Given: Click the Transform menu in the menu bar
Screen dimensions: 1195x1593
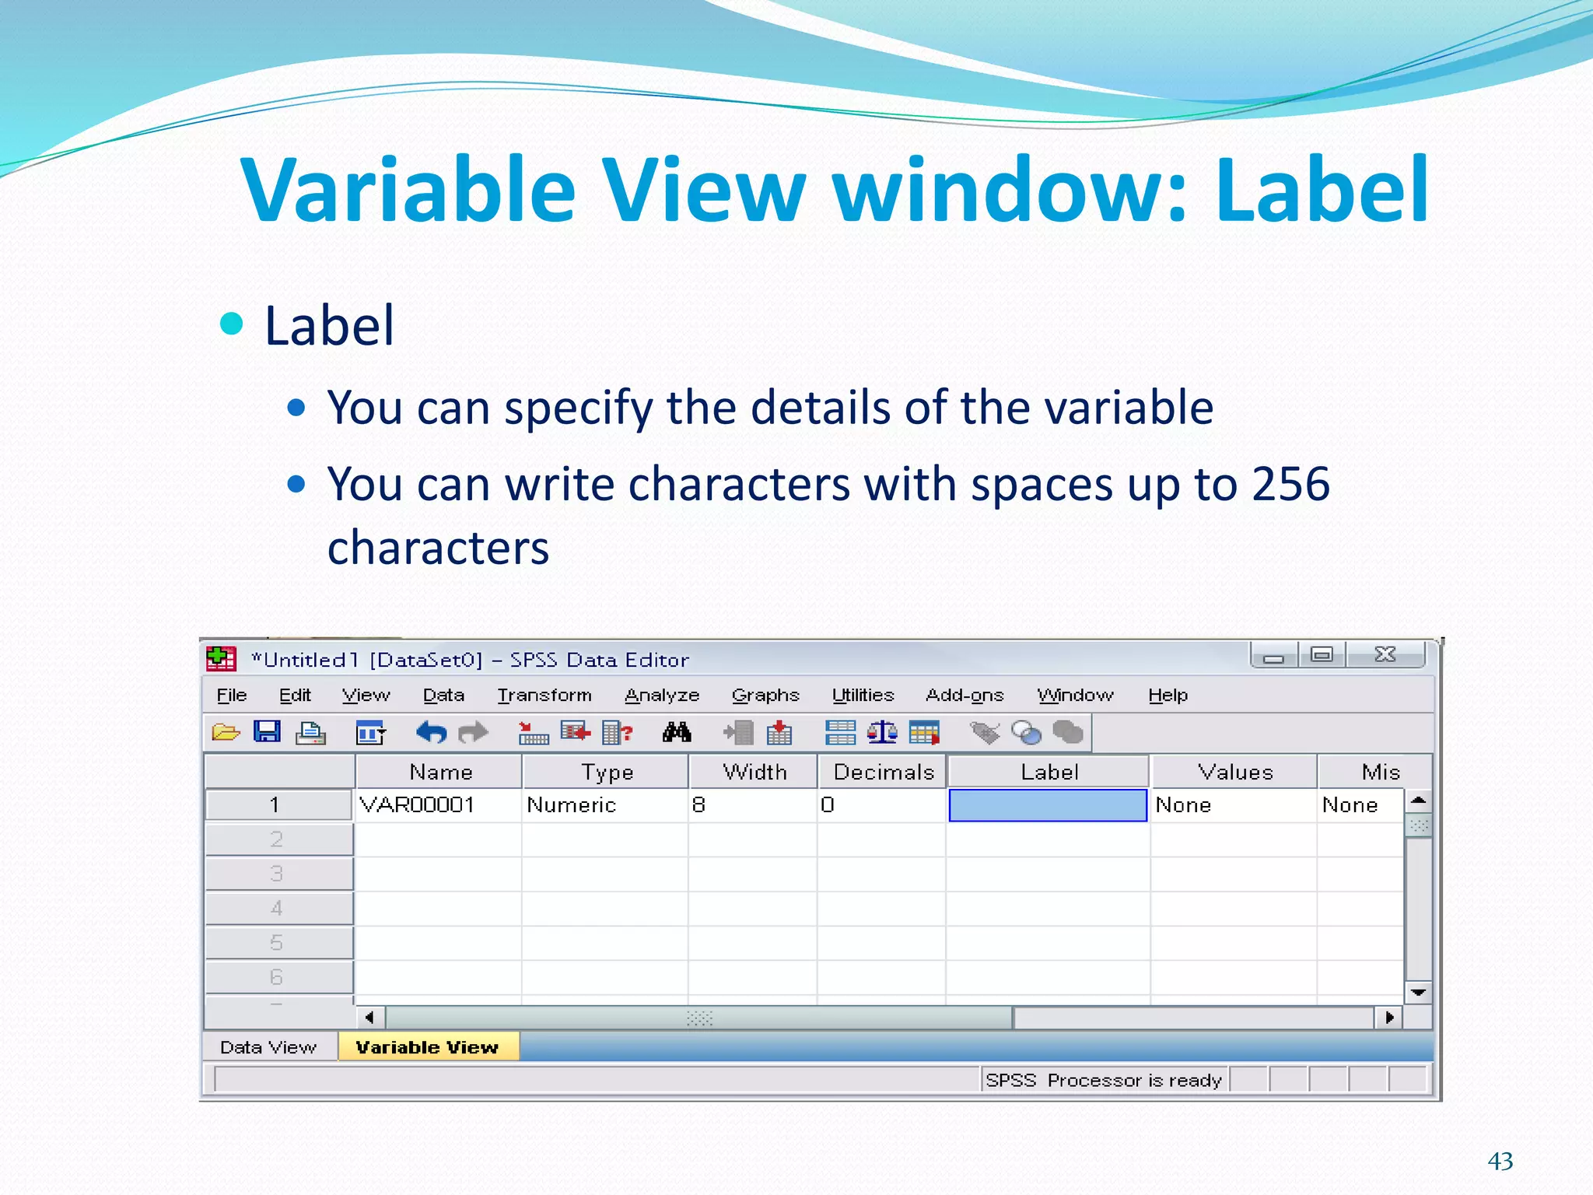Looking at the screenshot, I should (544, 695).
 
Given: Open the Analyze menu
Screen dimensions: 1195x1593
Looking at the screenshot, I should (662, 695).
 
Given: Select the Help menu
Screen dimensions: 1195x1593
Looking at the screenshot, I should (1168, 695).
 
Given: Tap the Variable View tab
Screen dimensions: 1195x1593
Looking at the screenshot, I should (427, 1047).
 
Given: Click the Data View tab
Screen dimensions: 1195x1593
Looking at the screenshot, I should (268, 1047).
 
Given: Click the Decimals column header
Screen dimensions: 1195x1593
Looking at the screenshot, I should (883, 772).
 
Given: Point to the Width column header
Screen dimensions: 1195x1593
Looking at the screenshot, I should (754, 772).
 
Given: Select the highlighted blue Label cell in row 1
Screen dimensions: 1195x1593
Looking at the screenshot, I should (1048, 805).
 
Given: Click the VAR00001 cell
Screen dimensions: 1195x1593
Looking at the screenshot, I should (418, 804).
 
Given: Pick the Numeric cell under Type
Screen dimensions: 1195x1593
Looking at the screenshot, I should (572, 804).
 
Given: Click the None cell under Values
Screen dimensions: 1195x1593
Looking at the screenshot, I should (1183, 804).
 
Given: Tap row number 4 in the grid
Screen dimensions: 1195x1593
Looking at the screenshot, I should (277, 908).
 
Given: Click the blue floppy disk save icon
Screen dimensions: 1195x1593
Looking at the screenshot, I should (267, 731).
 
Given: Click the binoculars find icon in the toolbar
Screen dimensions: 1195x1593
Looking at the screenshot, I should (677, 732).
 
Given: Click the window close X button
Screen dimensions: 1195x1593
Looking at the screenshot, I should (1385, 654).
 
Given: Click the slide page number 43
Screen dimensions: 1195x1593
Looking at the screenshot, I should (1500, 1161).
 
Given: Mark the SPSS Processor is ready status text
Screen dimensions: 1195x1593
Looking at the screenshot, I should (1103, 1080).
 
